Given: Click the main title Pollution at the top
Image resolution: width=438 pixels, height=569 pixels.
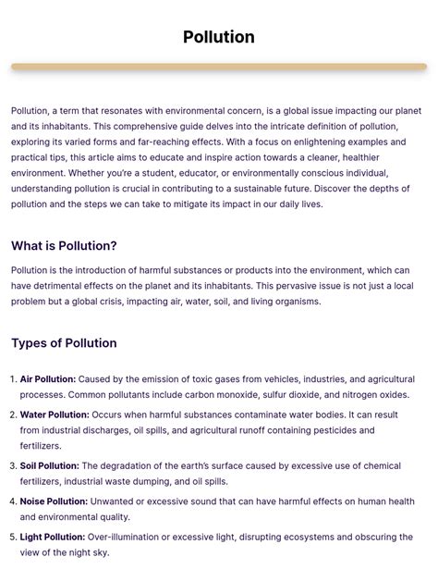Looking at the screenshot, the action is point(219,37).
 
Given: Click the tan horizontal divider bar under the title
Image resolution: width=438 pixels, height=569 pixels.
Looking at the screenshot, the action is point(219,68).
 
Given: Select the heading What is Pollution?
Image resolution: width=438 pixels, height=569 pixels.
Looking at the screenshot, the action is point(64,246).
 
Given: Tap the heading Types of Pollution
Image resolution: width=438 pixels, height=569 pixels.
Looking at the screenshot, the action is point(64,343).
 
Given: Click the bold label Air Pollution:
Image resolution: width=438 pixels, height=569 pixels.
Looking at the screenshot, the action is point(48,379).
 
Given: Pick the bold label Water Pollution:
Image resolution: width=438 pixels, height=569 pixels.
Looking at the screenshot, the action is point(55,415).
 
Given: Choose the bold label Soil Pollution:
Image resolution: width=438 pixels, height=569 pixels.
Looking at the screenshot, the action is point(50,466).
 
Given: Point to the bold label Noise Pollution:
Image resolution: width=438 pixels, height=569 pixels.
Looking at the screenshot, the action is point(54,501).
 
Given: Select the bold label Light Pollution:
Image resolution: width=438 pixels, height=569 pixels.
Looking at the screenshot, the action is point(53,537).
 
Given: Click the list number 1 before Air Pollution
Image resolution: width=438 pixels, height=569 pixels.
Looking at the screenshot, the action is point(13,379).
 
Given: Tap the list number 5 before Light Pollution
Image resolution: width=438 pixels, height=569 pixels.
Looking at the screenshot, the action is point(13,537).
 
